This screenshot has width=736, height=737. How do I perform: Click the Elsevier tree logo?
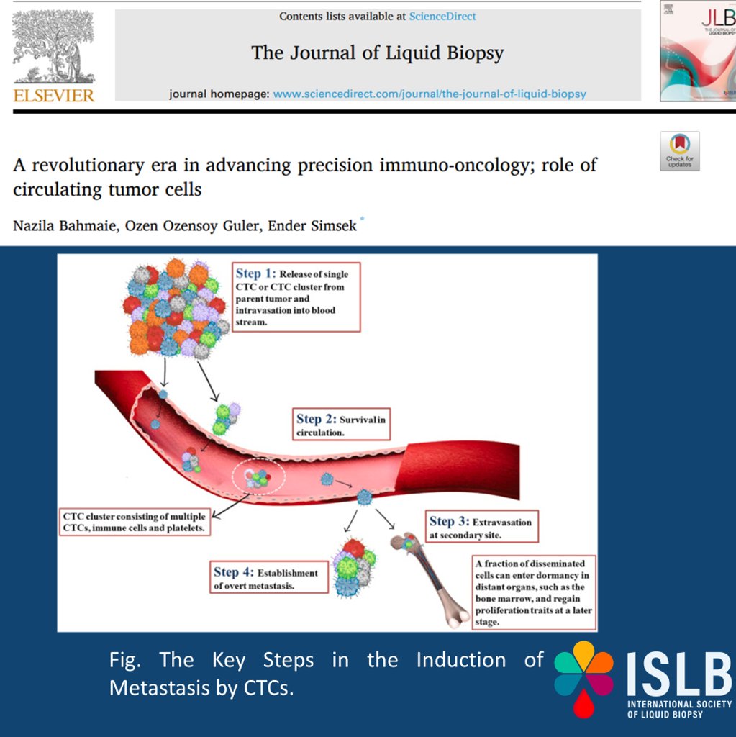[53, 47]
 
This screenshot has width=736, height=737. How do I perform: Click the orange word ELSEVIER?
[53, 96]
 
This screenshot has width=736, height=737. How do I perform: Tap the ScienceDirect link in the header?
[442, 17]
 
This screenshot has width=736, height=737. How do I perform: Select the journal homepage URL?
[430, 94]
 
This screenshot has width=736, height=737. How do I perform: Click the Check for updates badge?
[680, 151]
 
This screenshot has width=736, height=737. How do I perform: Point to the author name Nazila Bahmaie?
[64, 225]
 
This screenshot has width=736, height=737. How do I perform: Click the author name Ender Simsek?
[312, 225]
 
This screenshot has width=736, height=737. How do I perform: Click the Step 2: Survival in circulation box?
[341, 424]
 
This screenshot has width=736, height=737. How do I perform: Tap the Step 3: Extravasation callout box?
[482, 526]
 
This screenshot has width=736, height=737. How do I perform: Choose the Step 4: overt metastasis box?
[269, 577]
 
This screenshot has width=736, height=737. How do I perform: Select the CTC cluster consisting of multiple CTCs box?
[135, 522]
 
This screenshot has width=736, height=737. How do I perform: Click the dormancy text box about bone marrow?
[534, 592]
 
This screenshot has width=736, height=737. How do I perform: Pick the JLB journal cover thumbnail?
[698, 51]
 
